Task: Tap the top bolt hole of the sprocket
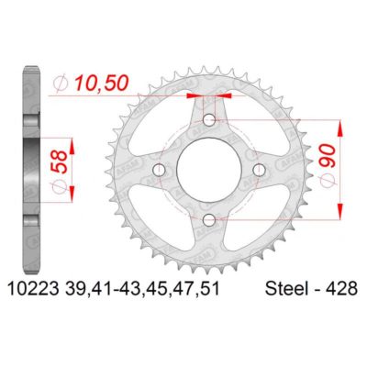click(x=210, y=120)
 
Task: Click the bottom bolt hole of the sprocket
click(x=210, y=217)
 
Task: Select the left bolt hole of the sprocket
click(x=161, y=170)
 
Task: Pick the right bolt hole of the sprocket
click(x=260, y=170)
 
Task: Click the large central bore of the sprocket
click(x=210, y=170)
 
